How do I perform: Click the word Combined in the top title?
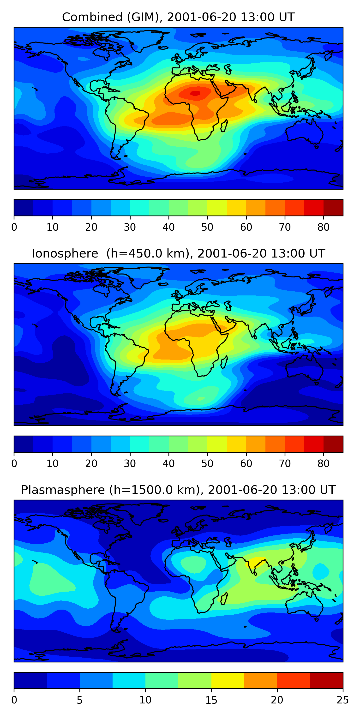click(x=92, y=17)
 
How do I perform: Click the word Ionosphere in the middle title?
click(x=65, y=253)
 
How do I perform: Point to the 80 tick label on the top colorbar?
click(x=323, y=227)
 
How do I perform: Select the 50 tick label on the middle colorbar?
click(x=207, y=464)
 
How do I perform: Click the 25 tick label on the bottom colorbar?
click(x=343, y=700)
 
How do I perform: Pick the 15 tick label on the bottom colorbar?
click(x=211, y=700)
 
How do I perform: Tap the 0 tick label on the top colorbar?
click(x=14, y=227)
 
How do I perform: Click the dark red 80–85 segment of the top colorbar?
click(x=333, y=208)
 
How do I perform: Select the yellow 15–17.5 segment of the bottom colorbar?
click(x=228, y=681)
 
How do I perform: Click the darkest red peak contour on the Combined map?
click(x=195, y=93)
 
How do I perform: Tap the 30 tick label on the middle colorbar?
click(x=130, y=464)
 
